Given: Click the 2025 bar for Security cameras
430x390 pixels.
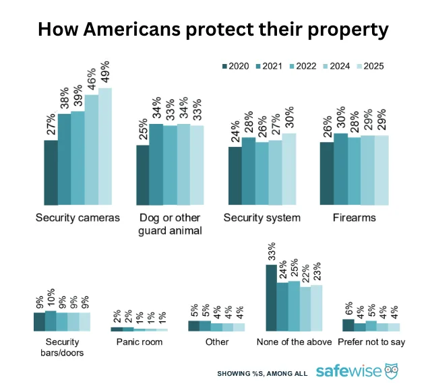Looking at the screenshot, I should [x=105, y=147].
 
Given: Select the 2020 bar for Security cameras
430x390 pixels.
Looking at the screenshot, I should [x=51, y=172].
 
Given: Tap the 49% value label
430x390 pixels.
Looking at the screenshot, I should [x=106, y=73].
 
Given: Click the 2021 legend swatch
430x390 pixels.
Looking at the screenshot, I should [x=259, y=66].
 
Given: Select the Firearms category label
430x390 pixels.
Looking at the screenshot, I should [x=354, y=218].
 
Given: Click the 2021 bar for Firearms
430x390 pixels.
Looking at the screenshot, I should [x=340, y=169].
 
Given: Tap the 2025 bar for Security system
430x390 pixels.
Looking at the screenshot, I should [x=288, y=169].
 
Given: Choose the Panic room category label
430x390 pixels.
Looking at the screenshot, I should [x=140, y=342].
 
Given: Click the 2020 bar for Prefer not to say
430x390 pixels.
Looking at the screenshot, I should [x=348, y=325].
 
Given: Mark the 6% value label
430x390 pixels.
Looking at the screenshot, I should [x=348, y=308].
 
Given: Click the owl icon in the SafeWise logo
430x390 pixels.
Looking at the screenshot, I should [x=391, y=370].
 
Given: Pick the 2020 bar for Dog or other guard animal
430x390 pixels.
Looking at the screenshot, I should [x=142, y=175].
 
